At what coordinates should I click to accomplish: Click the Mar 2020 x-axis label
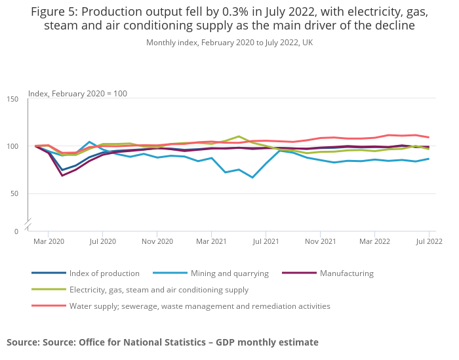(x=49, y=241)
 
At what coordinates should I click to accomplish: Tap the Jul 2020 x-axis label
(x=102, y=241)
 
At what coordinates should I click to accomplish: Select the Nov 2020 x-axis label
(x=157, y=241)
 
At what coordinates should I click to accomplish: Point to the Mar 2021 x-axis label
(x=211, y=241)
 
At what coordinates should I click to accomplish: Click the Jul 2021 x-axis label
(x=266, y=241)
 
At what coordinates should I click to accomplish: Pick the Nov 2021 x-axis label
(x=321, y=241)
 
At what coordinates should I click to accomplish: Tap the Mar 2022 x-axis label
(x=374, y=241)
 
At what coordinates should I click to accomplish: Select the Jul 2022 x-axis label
(x=428, y=241)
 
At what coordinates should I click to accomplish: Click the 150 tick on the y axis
(x=13, y=99)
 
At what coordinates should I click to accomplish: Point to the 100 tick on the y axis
(x=13, y=146)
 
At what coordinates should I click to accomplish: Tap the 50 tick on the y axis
(x=15, y=194)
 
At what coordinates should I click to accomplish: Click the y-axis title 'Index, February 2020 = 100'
(x=77, y=94)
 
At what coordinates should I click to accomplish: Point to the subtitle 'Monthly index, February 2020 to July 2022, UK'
(x=229, y=43)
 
